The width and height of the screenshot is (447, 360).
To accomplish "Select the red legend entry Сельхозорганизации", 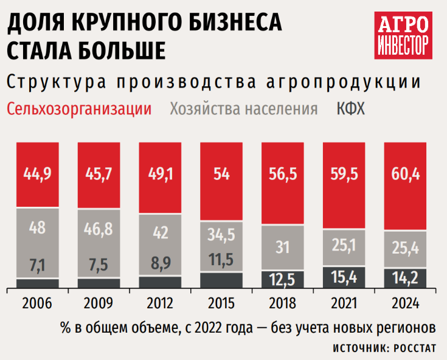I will [79, 109].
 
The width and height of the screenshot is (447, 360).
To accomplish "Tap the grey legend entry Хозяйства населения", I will [244, 109].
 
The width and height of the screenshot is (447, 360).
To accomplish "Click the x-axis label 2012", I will [161, 303].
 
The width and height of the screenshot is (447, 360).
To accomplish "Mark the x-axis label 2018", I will [283, 303].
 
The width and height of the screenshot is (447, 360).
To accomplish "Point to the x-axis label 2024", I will [407, 303].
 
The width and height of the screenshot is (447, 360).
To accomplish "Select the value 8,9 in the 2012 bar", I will [161, 265].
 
